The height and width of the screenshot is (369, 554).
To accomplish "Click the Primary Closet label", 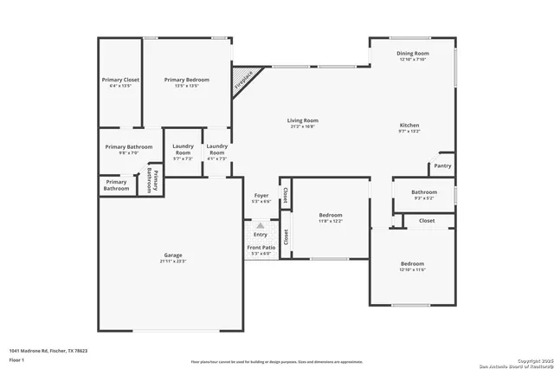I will [119, 80].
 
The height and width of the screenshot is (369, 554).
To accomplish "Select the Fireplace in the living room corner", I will [243, 81].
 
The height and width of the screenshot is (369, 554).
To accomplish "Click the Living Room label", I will [303, 120].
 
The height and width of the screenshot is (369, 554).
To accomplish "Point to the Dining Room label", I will [413, 54].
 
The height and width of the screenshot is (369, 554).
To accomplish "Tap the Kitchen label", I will [409, 125].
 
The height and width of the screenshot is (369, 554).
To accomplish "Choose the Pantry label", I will [442, 165].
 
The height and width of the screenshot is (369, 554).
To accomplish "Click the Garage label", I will [173, 255].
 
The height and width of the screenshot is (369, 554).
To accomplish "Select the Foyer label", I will [261, 196].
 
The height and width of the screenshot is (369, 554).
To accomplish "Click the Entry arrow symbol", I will [261, 225].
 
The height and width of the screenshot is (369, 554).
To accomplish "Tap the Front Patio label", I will [261, 248].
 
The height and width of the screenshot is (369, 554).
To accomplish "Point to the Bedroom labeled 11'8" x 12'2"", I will [331, 215].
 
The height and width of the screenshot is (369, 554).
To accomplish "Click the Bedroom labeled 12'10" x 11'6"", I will [412, 263].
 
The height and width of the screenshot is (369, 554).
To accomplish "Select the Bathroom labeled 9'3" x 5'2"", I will [424, 192].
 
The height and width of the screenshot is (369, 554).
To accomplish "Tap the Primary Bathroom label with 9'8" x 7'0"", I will [128, 147].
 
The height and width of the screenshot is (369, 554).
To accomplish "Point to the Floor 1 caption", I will [16, 359].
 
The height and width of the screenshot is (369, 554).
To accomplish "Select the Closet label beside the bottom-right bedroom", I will [427, 221].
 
